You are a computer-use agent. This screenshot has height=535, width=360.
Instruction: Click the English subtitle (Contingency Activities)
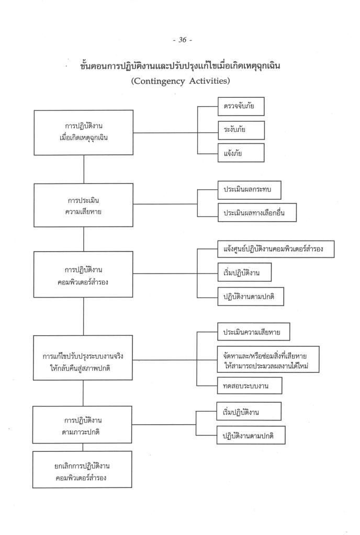[179, 82]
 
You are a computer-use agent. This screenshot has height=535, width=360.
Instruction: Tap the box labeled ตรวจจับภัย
[241, 106]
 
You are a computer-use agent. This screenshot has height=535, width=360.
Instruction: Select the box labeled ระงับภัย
[241, 130]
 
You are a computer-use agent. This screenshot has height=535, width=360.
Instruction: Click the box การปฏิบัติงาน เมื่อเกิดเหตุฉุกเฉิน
[84, 133]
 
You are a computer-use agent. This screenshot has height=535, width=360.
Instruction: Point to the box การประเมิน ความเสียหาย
[84, 204]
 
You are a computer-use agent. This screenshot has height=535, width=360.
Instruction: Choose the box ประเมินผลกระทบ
[249, 192]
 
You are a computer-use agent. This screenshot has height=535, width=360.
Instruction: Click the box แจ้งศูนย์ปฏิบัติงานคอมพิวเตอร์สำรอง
[275, 249]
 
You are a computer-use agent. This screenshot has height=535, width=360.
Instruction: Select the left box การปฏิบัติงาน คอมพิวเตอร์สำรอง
[84, 275]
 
